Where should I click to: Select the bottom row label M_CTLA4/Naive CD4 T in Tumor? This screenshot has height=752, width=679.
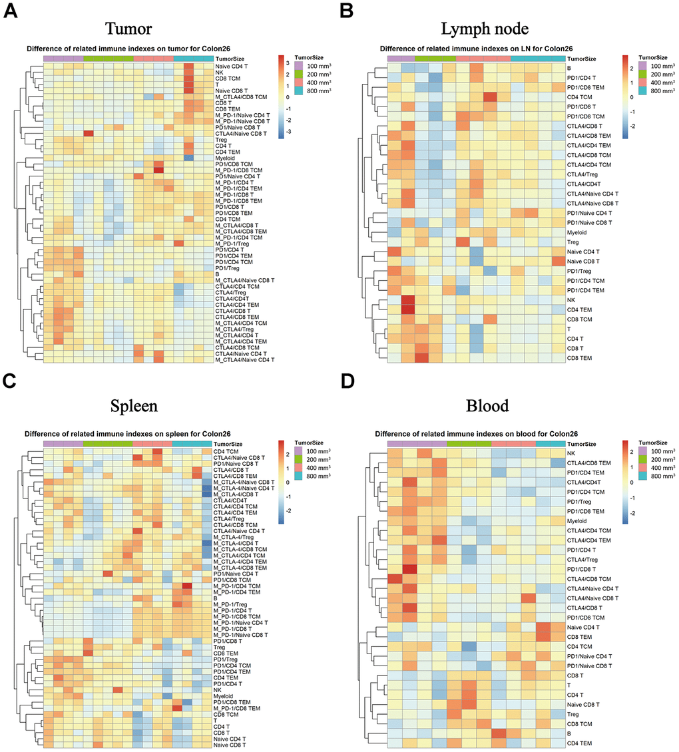245,359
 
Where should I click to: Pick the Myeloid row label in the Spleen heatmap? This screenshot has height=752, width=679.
225,696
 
